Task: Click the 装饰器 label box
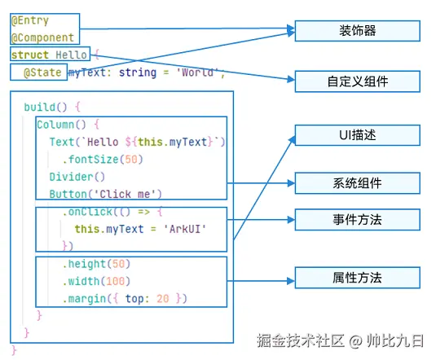click(x=357, y=31)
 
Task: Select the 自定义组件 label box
click(x=357, y=81)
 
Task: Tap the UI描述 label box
click(x=357, y=135)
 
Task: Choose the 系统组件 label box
click(x=357, y=182)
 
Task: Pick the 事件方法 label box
click(x=357, y=219)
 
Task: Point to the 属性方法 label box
click(x=357, y=277)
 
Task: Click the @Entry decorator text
click(x=31, y=21)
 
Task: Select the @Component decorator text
click(x=42, y=37)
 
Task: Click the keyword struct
click(x=30, y=55)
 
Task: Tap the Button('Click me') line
click(x=105, y=193)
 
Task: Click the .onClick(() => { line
click(x=112, y=211)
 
